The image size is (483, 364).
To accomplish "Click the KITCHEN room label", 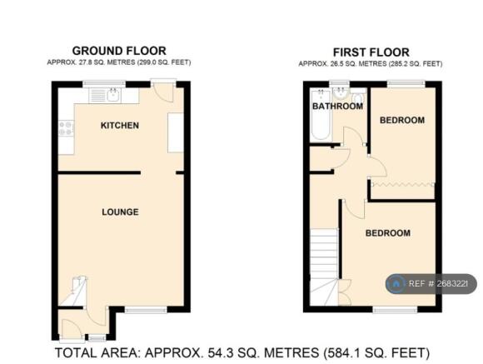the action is [120, 126].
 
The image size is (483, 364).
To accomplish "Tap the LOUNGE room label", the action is [120, 212].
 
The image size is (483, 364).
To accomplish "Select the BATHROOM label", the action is [337, 107].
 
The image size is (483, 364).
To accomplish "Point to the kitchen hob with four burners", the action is [67, 128].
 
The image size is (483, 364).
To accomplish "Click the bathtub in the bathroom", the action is [321, 115].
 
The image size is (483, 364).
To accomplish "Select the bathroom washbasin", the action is [341, 92].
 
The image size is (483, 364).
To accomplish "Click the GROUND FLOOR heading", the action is [119, 51].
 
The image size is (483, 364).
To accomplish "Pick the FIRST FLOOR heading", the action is [371, 52].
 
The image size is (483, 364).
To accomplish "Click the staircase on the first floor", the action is [324, 267].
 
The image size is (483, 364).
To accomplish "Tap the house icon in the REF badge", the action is [396, 283].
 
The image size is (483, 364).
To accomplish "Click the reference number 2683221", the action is [451, 283].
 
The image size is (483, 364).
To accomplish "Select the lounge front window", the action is [146, 310].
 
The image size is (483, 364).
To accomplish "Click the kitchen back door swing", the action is [163, 92].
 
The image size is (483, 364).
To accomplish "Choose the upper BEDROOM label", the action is [402, 120].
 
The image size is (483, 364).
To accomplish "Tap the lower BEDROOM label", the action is [388, 233].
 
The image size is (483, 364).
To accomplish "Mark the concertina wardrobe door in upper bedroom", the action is [402, 184].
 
